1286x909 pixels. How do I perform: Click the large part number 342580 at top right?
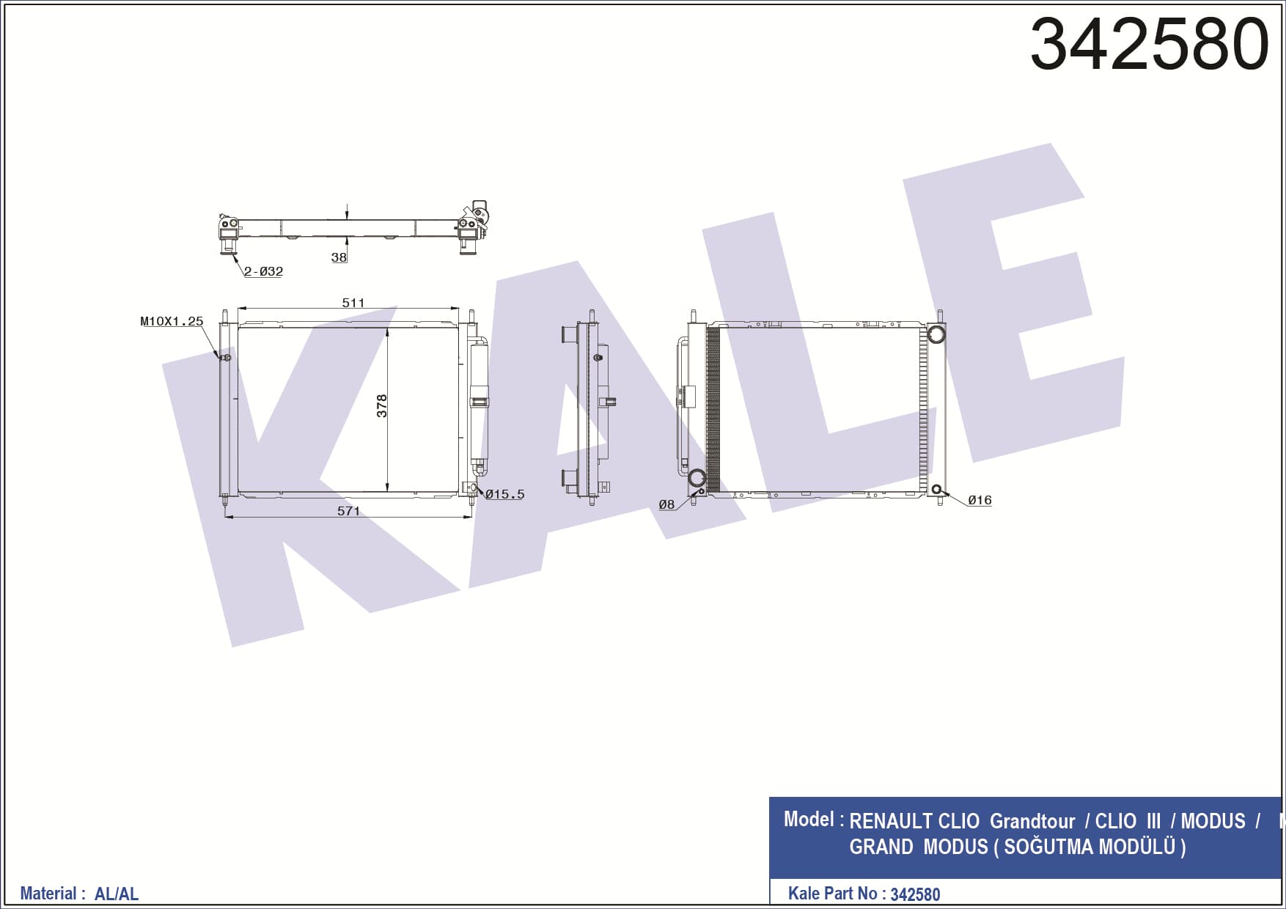tap(1149, 44)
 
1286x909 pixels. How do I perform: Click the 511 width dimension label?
tap(353, 303)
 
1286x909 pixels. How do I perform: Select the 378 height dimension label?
tap(382, 406)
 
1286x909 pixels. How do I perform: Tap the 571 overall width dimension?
tap(349, 511)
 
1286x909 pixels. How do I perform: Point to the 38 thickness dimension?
tap(339, 257)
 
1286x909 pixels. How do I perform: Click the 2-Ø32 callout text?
tap(264, 271)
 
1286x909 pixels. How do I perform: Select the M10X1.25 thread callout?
tap(172, 321)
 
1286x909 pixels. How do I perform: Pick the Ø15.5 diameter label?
tap(505, 495)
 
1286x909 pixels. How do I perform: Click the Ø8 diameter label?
tap(666, 504)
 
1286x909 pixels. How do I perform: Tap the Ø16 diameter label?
tap(980, 500)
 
